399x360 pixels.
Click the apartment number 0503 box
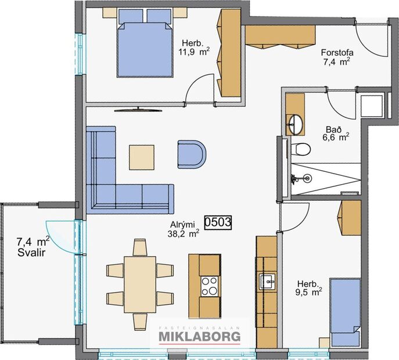point(218,222)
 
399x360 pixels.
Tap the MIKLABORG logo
point(199,337)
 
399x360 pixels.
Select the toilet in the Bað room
point(301,149)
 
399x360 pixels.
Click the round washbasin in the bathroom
point(296,123)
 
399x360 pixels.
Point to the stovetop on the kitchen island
point(209,285)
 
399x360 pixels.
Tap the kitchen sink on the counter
point(268,282)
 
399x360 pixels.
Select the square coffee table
point(142,156)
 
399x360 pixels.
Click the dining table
point(140,281)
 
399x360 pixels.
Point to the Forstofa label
point(337,52)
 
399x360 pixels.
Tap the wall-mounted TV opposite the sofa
point(135,109)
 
